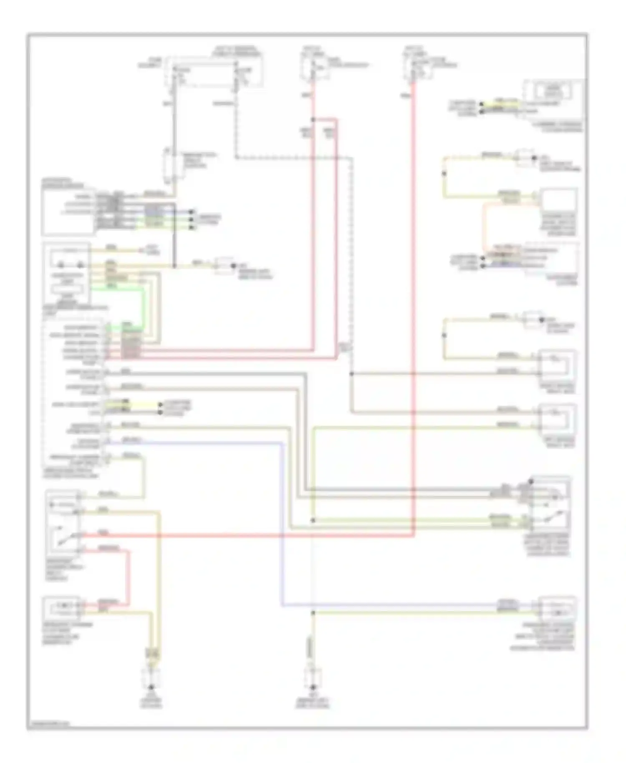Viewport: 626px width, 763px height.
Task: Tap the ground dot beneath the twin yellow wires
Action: point(151,687)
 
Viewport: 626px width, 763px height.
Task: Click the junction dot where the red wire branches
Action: point(313,120)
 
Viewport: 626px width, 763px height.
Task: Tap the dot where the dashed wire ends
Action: point(351,374)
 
